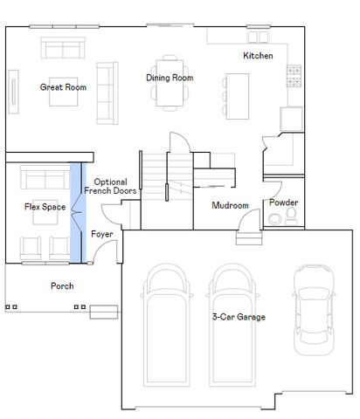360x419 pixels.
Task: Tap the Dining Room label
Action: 170,79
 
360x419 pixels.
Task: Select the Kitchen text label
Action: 258,56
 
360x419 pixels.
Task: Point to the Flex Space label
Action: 45,207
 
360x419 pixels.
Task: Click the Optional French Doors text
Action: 110,186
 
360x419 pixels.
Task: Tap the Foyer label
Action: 102,234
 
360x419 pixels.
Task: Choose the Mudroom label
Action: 231,206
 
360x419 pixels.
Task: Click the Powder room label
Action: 283,203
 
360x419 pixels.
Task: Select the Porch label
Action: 62,285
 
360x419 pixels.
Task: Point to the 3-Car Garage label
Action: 239,317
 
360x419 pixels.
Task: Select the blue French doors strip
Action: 77,212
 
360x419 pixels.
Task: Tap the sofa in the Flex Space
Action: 44,180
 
